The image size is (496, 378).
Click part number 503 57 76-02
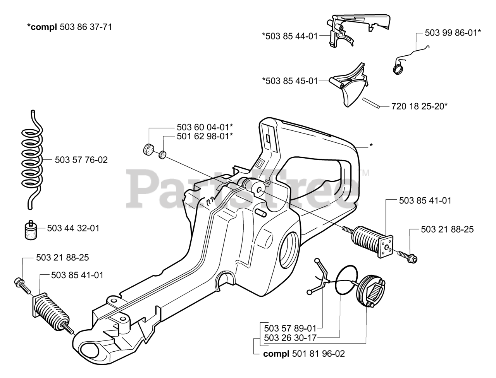(81, 159)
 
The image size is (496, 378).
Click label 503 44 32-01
(73, 228)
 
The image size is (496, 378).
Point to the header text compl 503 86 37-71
(70, 27)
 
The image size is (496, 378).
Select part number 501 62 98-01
(205, 136)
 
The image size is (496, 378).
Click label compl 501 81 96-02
(304, 354)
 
